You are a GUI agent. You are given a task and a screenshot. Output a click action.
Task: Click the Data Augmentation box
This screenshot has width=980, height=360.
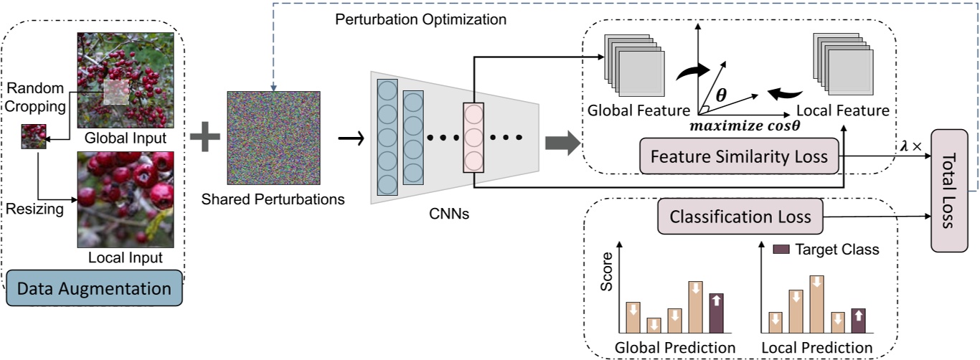coord(94,289)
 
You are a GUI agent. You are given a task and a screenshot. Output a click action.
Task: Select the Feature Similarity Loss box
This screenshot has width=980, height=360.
coord(739,156)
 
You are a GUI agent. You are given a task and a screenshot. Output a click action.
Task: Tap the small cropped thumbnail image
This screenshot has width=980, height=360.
coord(34,136)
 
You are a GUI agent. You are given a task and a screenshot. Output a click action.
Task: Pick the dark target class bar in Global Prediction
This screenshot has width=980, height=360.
coord(717,313)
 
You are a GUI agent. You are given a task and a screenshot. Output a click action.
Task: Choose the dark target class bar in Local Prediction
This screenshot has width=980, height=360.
coord(858,320)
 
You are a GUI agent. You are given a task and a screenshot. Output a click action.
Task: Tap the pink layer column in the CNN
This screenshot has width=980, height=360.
coord(473,137)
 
